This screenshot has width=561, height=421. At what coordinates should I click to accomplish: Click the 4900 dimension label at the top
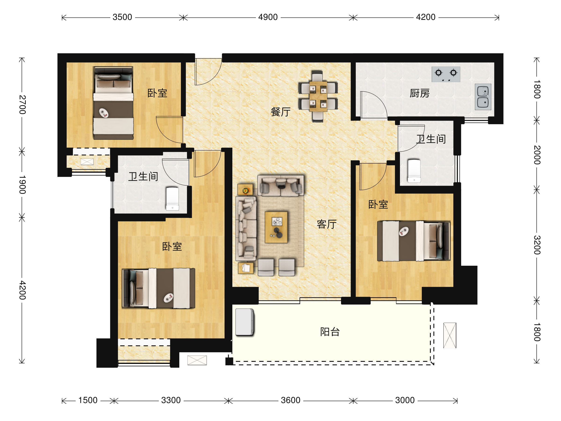pos(268,17)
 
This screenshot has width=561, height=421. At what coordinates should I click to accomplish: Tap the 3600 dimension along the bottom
pos(290,400)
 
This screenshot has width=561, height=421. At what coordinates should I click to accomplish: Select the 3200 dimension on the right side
pos(537,245)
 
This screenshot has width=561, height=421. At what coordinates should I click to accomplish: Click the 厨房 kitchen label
pos(420,93)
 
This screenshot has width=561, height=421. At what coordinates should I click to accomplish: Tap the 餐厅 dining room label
pos(280,112)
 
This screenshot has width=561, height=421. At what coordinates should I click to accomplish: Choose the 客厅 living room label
pos(327,224)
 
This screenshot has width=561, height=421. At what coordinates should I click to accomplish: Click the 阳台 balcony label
pos(330,332)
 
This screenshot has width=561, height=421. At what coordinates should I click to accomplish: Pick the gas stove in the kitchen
pos(446,74)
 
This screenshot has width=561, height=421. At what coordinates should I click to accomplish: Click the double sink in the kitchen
pos(483,97)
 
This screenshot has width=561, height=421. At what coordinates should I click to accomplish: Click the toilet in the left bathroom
pos(173,199)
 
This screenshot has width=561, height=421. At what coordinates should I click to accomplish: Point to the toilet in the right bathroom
pos(414,171)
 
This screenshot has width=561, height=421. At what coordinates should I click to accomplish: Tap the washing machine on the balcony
pos(245,322)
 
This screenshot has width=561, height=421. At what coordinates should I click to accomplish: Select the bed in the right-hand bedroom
pos(414,241)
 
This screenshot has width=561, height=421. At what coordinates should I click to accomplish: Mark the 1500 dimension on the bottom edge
pos(88,400)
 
